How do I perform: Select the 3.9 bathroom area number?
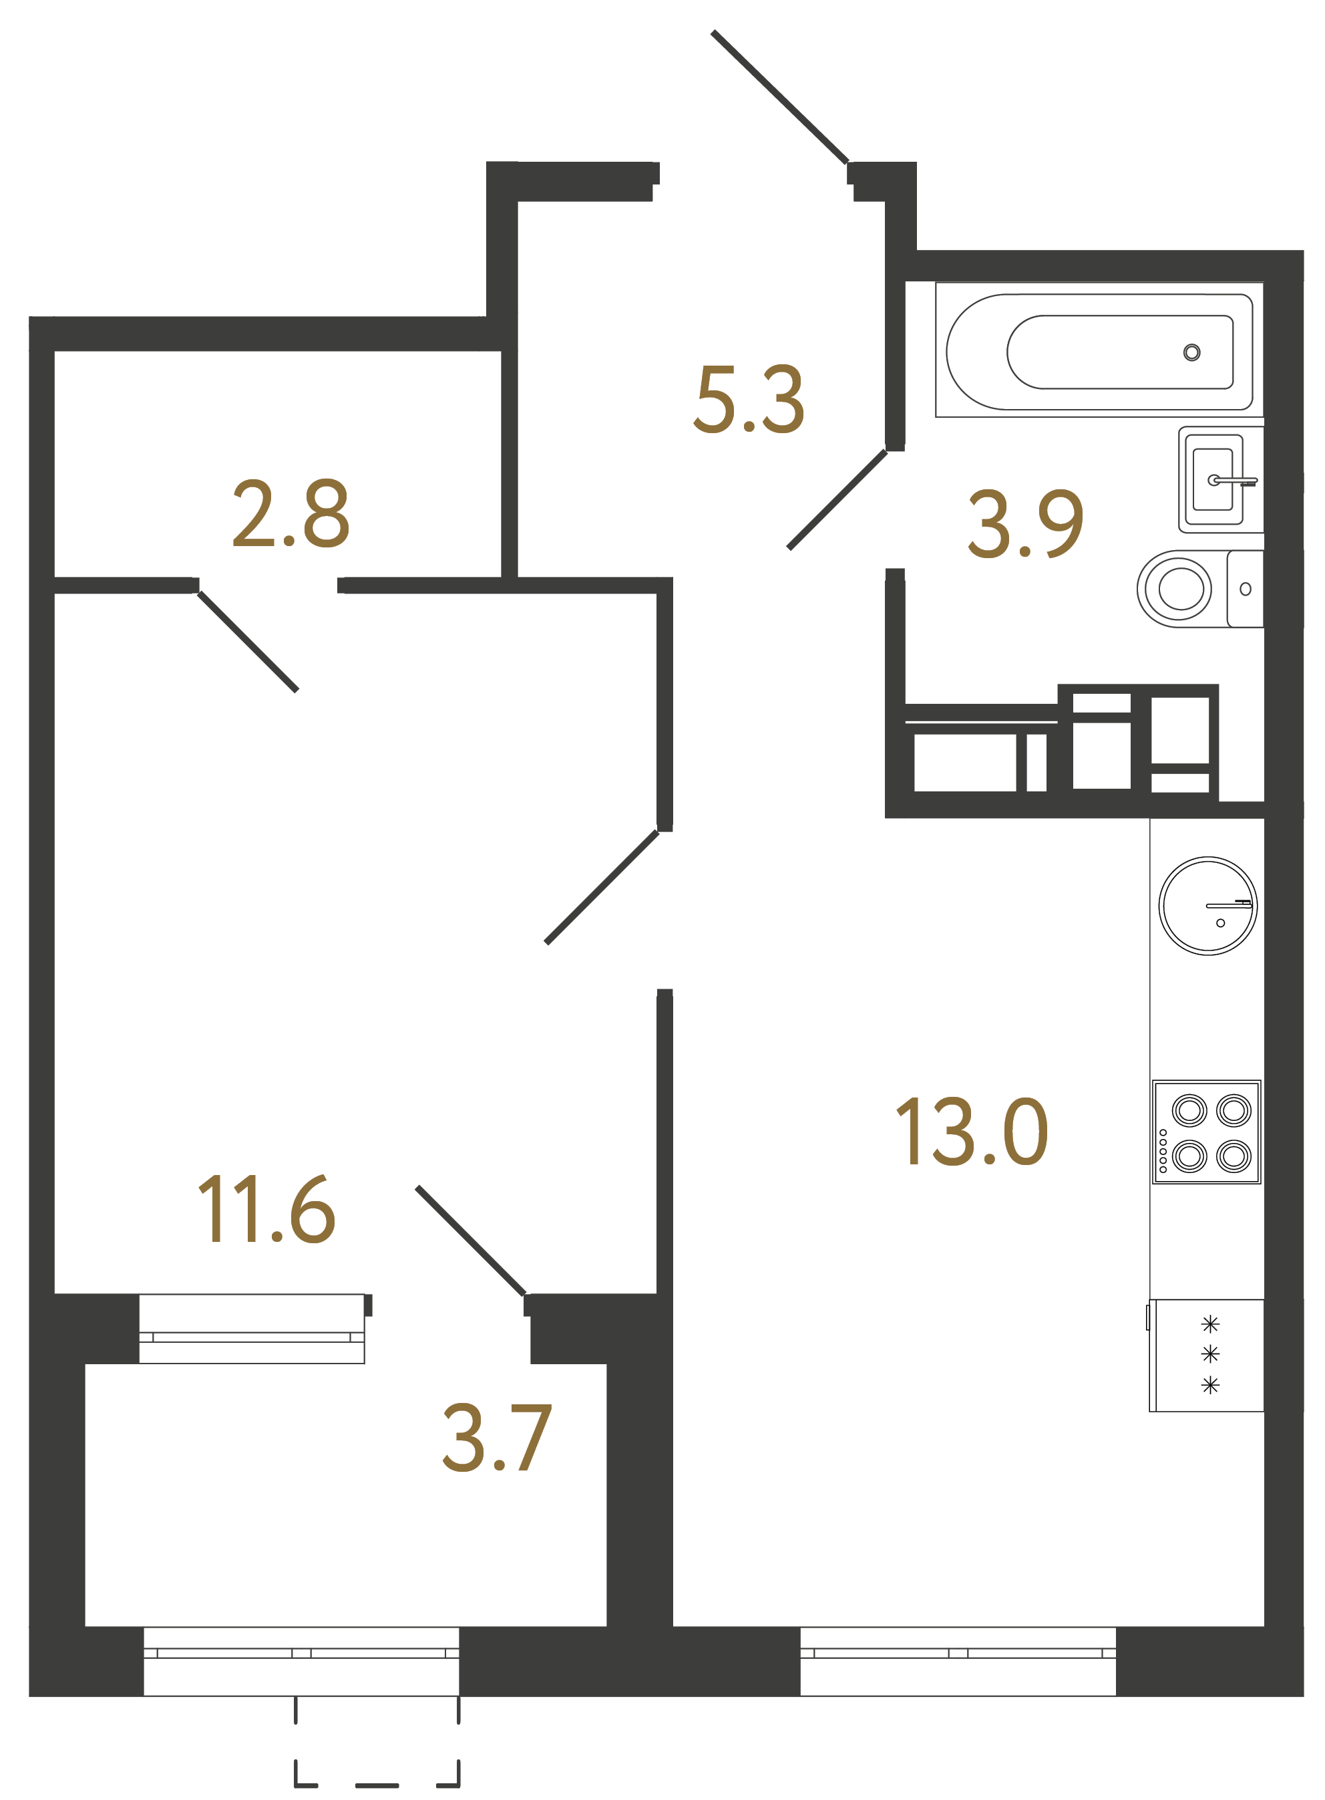[x=1025, y=523]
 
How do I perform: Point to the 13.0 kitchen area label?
[x=970, y=1132]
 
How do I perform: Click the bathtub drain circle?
[x=1192, y=352]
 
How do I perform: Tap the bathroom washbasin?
[x=1213, y=480]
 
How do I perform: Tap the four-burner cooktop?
[x=1206, y=1132]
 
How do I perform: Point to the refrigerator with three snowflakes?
[x=1206, y=1355]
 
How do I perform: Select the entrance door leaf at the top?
[x=779, y=96]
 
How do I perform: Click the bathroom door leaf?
[x=837, y=500]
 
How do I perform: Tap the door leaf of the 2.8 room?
[x=248, y=641]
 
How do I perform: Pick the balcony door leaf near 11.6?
[x=471, y=1241]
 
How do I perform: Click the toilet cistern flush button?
[x=1246, y=589]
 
